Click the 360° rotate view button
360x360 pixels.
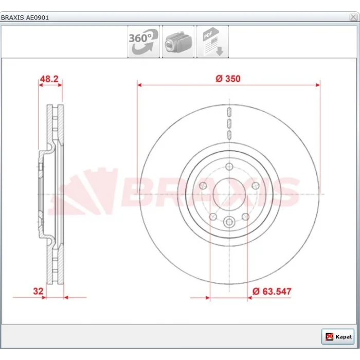[143, 42]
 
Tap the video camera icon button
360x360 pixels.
[178, 42]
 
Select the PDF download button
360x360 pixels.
[212, 42]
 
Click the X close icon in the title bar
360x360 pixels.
[353, 17]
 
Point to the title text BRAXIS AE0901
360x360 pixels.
[25, 17]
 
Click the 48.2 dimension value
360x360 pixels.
[49, 79]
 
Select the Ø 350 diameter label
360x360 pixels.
[228, 79]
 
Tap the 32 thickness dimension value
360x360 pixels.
[38, 291]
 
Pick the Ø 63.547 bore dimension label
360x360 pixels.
[272, 292]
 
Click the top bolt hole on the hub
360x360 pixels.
[229, 167]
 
